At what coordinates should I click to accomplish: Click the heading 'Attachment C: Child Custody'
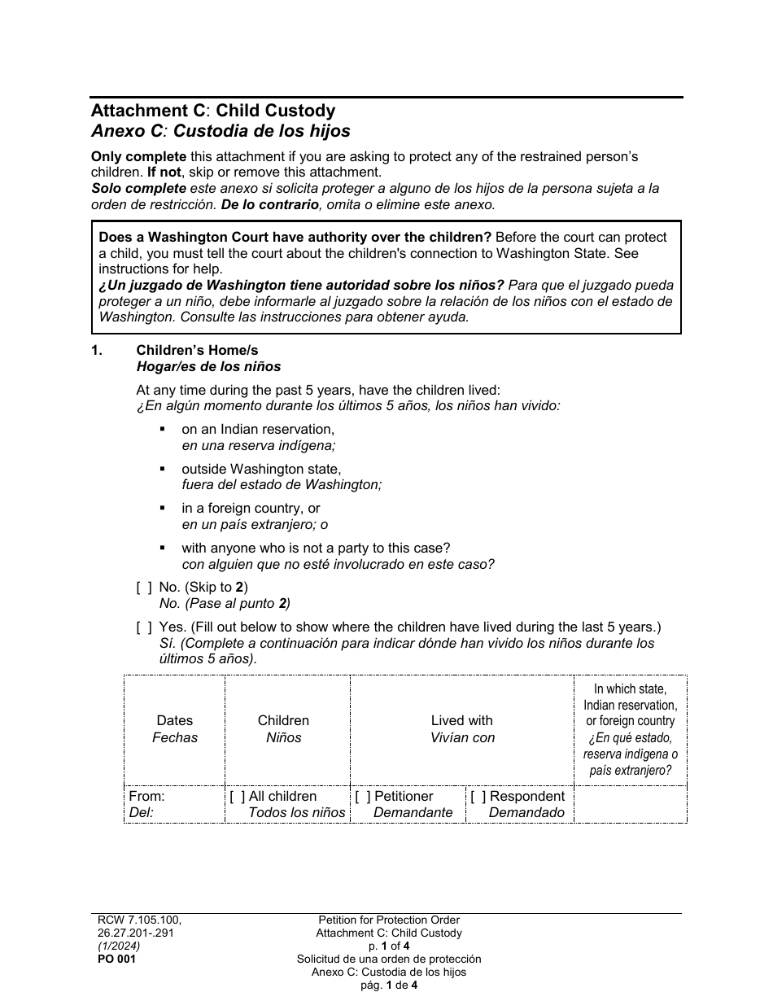click(212, 111)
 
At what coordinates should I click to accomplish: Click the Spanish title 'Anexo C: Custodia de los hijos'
click(220, 130)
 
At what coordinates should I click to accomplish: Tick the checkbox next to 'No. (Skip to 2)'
click(144, 588)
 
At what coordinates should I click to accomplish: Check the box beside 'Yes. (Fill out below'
click(144, 627)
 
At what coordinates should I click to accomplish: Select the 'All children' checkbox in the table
click(238, 797)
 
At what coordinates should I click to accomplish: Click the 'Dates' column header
click(174, 721)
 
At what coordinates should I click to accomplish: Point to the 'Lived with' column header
click(461, 721)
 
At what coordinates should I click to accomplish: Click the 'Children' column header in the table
click(283, 721)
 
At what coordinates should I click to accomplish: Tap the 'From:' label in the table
click(146, 797)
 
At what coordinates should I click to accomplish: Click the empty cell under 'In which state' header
click(630, 804)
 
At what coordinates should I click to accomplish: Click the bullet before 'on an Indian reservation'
click(163, 429)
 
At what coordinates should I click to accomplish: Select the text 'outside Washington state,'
click(261, 470)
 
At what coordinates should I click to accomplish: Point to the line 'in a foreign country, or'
click(251, 509)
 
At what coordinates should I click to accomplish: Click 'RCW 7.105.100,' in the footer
click(135, 920)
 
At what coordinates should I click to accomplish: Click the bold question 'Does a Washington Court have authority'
click(295, 238)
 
